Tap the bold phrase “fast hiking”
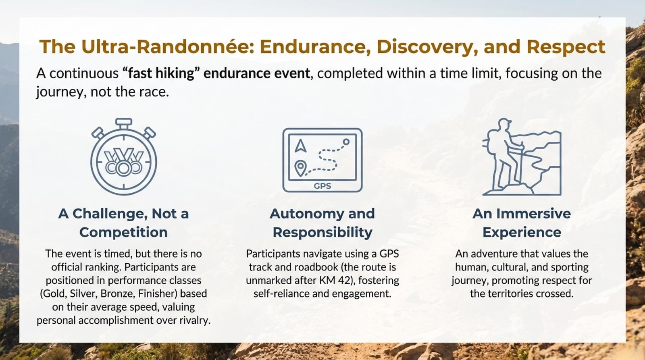coord(161,73)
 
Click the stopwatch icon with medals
coord(124,156)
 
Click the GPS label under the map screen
coord(322,186)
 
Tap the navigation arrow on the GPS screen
coord(300,146)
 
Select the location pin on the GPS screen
coord(300,168)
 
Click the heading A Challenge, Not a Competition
coord(123,223)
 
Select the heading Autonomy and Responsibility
coord(322,223)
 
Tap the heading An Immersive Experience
coord(522,223)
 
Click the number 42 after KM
coord(344,280)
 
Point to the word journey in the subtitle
coord(59,92)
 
